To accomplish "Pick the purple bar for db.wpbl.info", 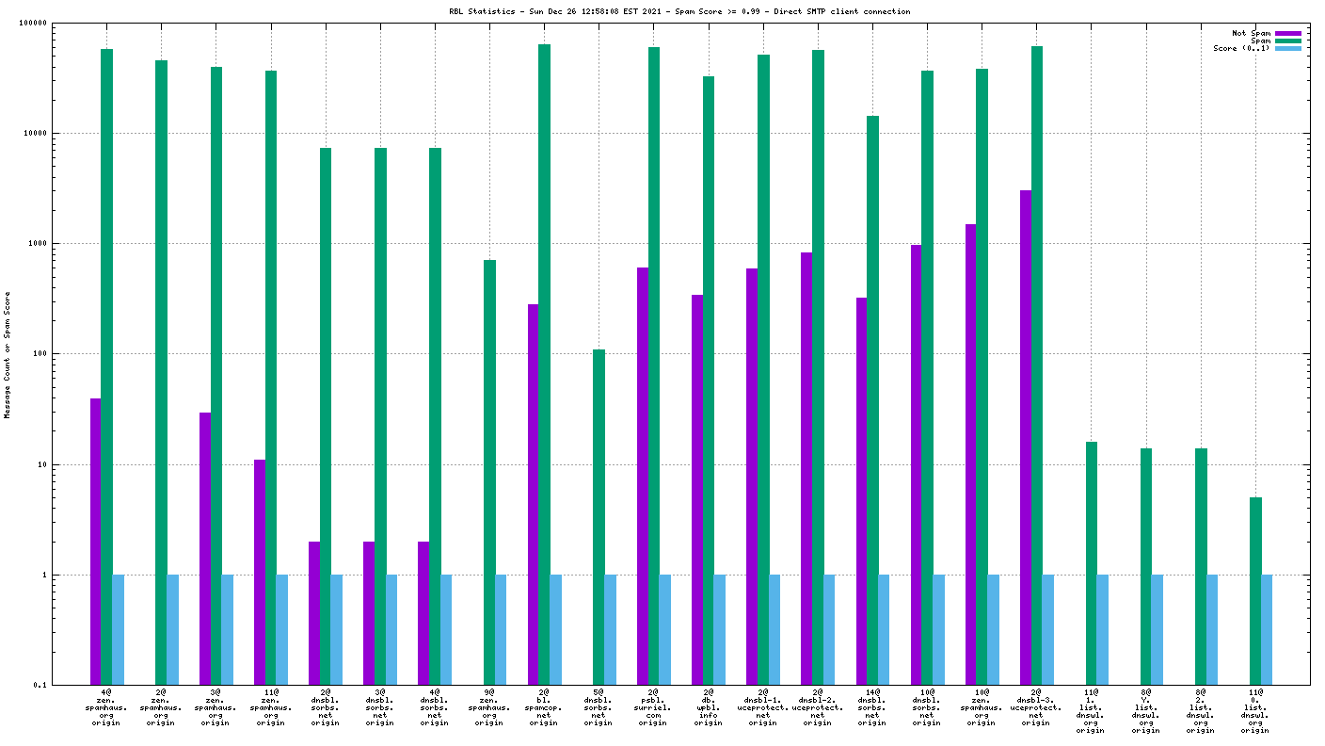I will [697, 490].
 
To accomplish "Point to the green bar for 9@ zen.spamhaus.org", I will [489, 471].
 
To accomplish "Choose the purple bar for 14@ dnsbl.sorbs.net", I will [861, 491].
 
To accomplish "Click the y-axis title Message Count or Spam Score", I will [8, 354].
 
